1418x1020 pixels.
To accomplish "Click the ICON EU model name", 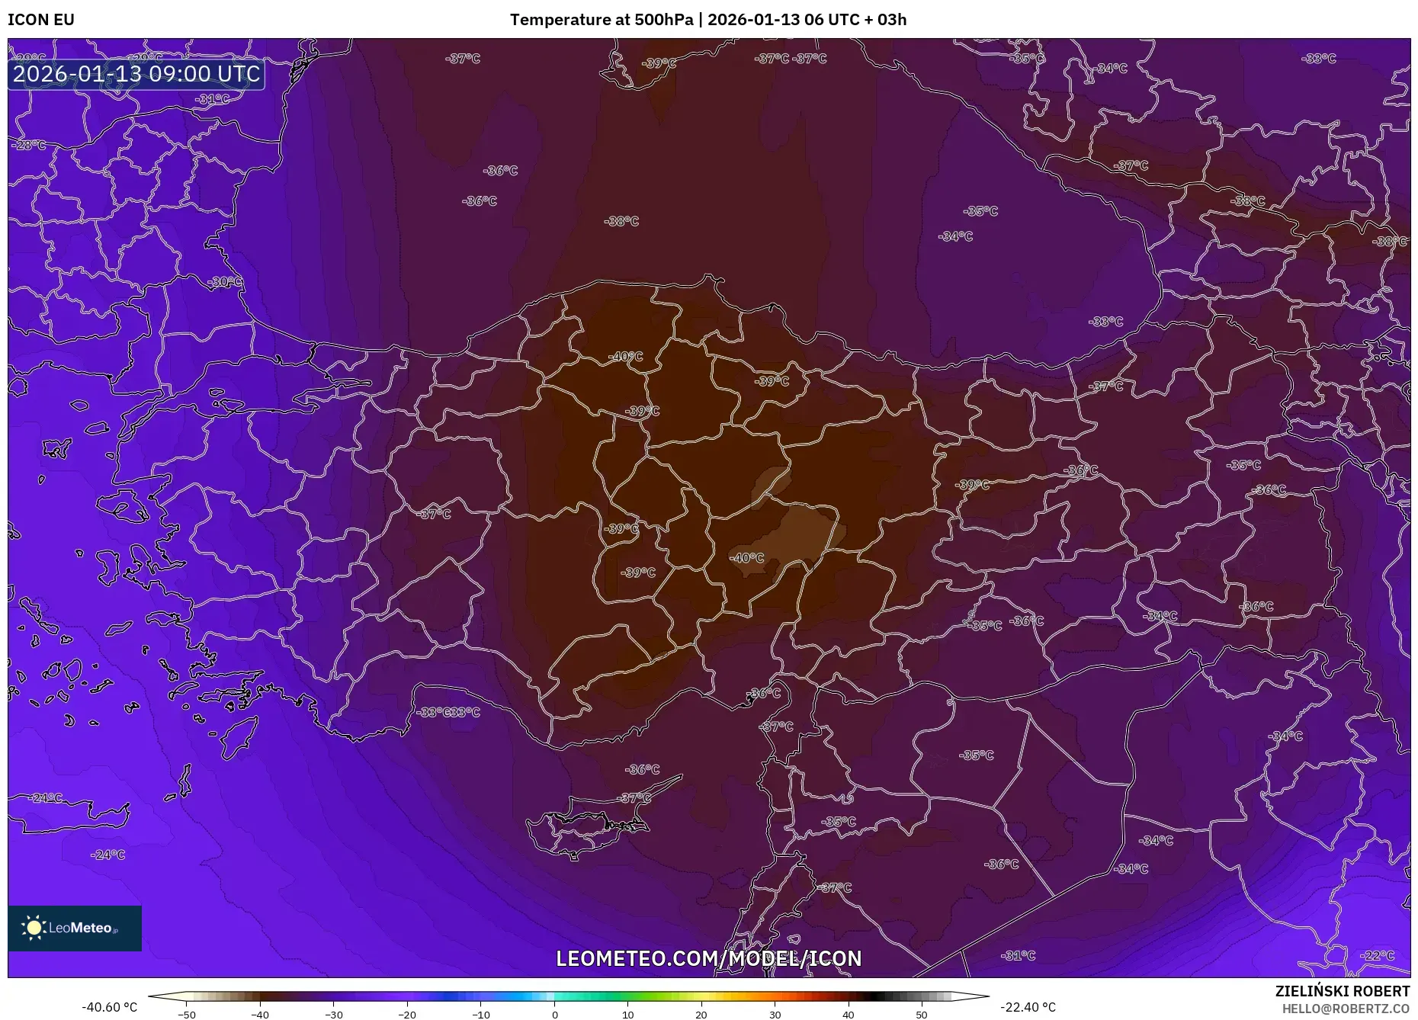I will point(41,20).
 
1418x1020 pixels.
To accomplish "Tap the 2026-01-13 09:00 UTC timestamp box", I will point(136,74).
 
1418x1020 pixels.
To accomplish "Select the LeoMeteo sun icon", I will point(34,927).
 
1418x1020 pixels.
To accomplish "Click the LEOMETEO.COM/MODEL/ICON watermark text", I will point(708,958).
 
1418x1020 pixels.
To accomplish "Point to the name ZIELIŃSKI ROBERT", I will point(1342,991).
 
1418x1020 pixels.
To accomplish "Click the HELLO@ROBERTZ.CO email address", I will point(1345,1009).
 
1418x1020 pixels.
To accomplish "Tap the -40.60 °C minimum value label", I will point(109,1007).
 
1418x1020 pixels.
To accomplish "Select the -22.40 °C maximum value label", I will point(1028,1007).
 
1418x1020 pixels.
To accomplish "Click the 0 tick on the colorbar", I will point(554,1015).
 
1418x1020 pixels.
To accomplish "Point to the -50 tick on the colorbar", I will point(186,1015).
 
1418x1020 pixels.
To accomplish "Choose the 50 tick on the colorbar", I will point(922,1015).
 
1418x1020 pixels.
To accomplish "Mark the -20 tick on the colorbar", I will point(406,1015).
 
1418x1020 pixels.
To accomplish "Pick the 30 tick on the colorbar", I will point(775,1015).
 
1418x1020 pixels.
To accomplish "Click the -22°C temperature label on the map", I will point(1378,955).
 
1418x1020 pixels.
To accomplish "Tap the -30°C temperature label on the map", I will point(226,282).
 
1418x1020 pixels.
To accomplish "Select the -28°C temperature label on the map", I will point(30,145).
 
